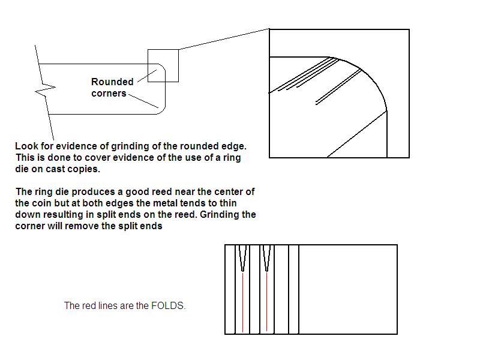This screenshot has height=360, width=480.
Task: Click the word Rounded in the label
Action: [112, 82]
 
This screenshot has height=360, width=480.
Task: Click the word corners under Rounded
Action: [109, 93]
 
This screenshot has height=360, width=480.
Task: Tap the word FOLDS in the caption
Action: [168, 305]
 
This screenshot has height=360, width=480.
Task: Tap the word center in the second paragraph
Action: [229, 192]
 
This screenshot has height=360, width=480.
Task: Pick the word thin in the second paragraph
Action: [227, 203]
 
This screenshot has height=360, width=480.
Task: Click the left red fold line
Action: [243, 302]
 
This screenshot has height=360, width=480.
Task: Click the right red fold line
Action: [266, 302]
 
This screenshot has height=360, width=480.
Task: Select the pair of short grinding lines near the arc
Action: [338, 88]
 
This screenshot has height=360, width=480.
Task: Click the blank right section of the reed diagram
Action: [348, 289]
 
